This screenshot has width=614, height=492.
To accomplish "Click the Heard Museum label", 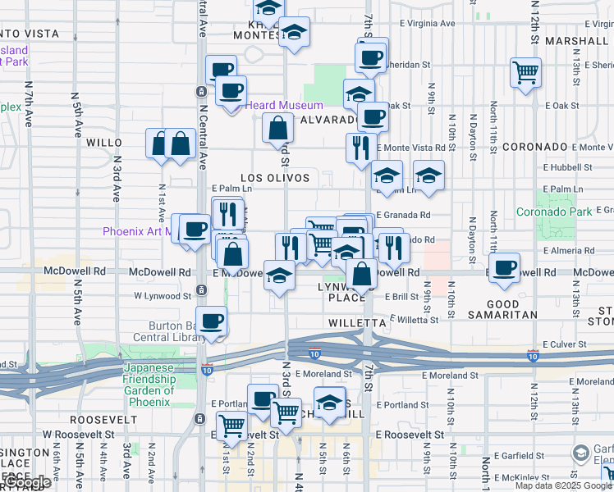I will pyautogui.click(x=284, y=105).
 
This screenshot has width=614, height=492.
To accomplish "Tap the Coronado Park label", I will pyautogui.click(x=554, y=212).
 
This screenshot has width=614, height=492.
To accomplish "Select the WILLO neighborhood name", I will pyautogui.click(x=103, y=142).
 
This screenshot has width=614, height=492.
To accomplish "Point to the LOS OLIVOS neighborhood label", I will pyautogui.click(x=275, y=178).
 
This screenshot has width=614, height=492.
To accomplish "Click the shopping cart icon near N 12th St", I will pyautogui.click(x=525, y=71).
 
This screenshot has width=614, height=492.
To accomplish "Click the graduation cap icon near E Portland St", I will pyautogui.click(x=329, y=403).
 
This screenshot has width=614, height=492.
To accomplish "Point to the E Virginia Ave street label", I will pyautogui.click(x=424, y=24).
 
